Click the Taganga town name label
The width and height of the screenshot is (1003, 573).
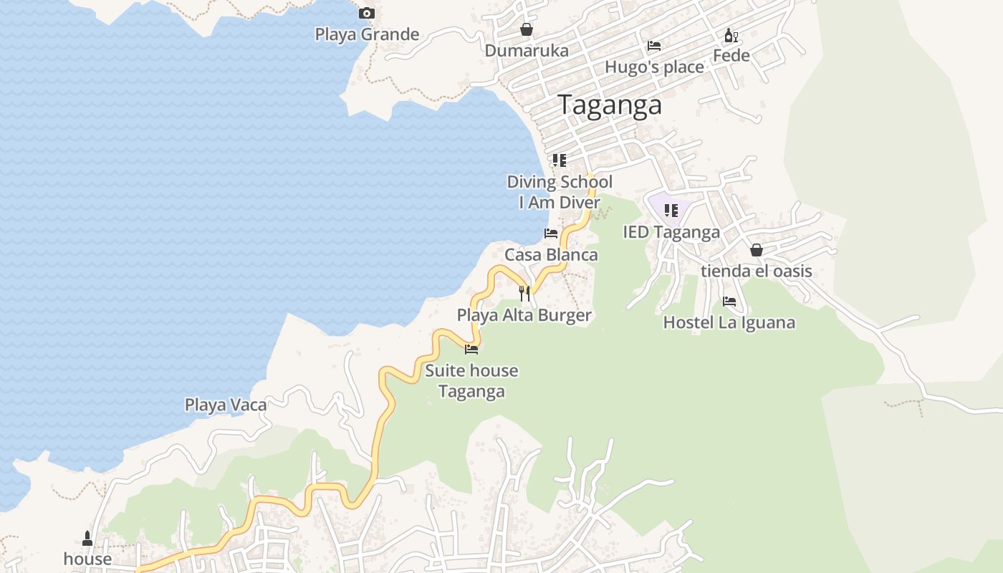click(610, 105)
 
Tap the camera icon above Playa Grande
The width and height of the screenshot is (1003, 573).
click(366, 13)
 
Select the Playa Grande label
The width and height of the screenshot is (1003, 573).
click(367, 34)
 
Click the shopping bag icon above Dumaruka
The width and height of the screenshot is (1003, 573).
click(527, 29)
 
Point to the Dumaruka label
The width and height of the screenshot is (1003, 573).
click(527, 51)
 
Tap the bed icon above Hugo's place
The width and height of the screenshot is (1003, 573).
click(654, 46)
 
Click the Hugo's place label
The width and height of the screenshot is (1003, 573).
click(654, 67)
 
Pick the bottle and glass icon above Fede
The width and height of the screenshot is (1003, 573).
click(731, 35)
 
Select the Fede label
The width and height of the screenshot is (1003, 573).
click(731, 56)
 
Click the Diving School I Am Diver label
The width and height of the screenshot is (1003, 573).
click(560, 192)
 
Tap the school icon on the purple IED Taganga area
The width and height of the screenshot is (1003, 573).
click(671, 211)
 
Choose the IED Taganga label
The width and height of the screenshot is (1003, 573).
click(671, 232)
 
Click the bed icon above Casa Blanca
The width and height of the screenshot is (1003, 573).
click(551, 233)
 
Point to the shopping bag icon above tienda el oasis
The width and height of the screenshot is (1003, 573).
click(756, 250)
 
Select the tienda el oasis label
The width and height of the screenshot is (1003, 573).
click(756, 271)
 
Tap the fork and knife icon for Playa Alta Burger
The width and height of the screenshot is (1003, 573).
click(524, 294)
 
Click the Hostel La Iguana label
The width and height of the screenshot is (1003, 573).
click(729, 322)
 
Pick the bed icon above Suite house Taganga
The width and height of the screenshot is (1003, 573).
click(471, 350)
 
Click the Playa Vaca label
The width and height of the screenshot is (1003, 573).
click(226, 405)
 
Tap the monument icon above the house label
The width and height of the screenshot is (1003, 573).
click(87, 538)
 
